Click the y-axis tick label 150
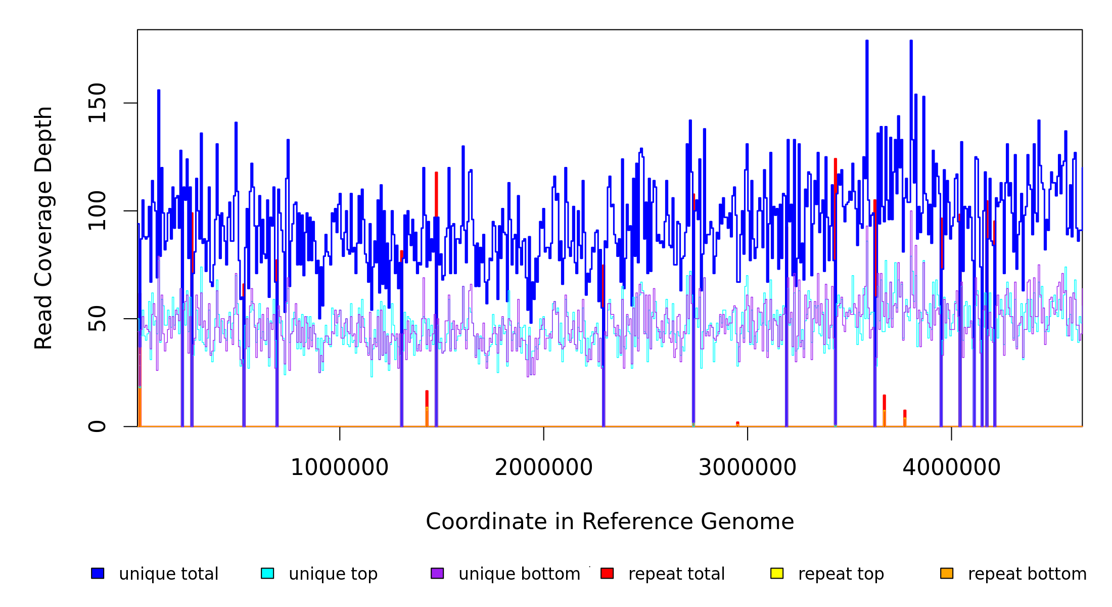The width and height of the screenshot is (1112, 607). (x=97, y=103)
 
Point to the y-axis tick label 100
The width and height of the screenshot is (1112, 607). (x=97, y=211)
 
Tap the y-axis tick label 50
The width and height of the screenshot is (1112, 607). (x=97, y=319)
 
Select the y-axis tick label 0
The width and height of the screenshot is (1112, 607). (x=97, y=426)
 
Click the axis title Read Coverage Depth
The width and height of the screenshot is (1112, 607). (x=44, y=228)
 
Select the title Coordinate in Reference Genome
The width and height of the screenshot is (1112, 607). (x=610, y=522)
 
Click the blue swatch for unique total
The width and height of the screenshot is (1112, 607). (x=98, y=573)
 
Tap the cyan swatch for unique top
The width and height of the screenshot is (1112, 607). (x=267, y=573)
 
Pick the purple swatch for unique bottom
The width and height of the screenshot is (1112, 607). (x=437, y=573)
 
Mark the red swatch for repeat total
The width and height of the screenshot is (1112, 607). (x=607, y=573)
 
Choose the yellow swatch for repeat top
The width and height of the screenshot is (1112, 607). (x=777, y=573)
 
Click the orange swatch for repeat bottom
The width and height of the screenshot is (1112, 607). (x=947, y=573)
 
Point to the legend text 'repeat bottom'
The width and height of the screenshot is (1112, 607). (x=1027, y=574)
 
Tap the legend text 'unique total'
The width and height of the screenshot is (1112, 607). (x=169, y=574)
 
